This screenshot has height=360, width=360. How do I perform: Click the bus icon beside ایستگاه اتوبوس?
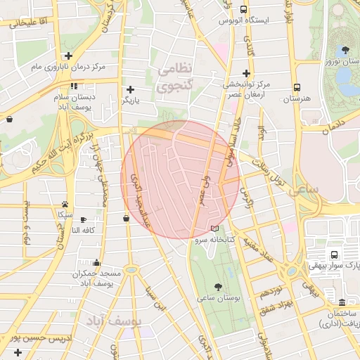[243, 10]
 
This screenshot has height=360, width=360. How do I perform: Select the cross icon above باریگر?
[131, 89]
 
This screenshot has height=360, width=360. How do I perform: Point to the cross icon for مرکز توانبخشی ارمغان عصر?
[245, 72]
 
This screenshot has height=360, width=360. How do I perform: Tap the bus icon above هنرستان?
[297, 88]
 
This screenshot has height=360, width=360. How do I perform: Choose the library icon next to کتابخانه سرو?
[214, 229]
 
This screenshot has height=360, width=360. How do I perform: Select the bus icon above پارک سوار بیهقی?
[333, 255]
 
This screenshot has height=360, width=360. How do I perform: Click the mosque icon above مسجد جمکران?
[96, 262]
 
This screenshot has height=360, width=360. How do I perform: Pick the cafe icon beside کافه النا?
[83, 219]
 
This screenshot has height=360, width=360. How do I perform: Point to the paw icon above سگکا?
[65, 203]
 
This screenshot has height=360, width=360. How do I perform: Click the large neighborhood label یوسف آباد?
[114, 320]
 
